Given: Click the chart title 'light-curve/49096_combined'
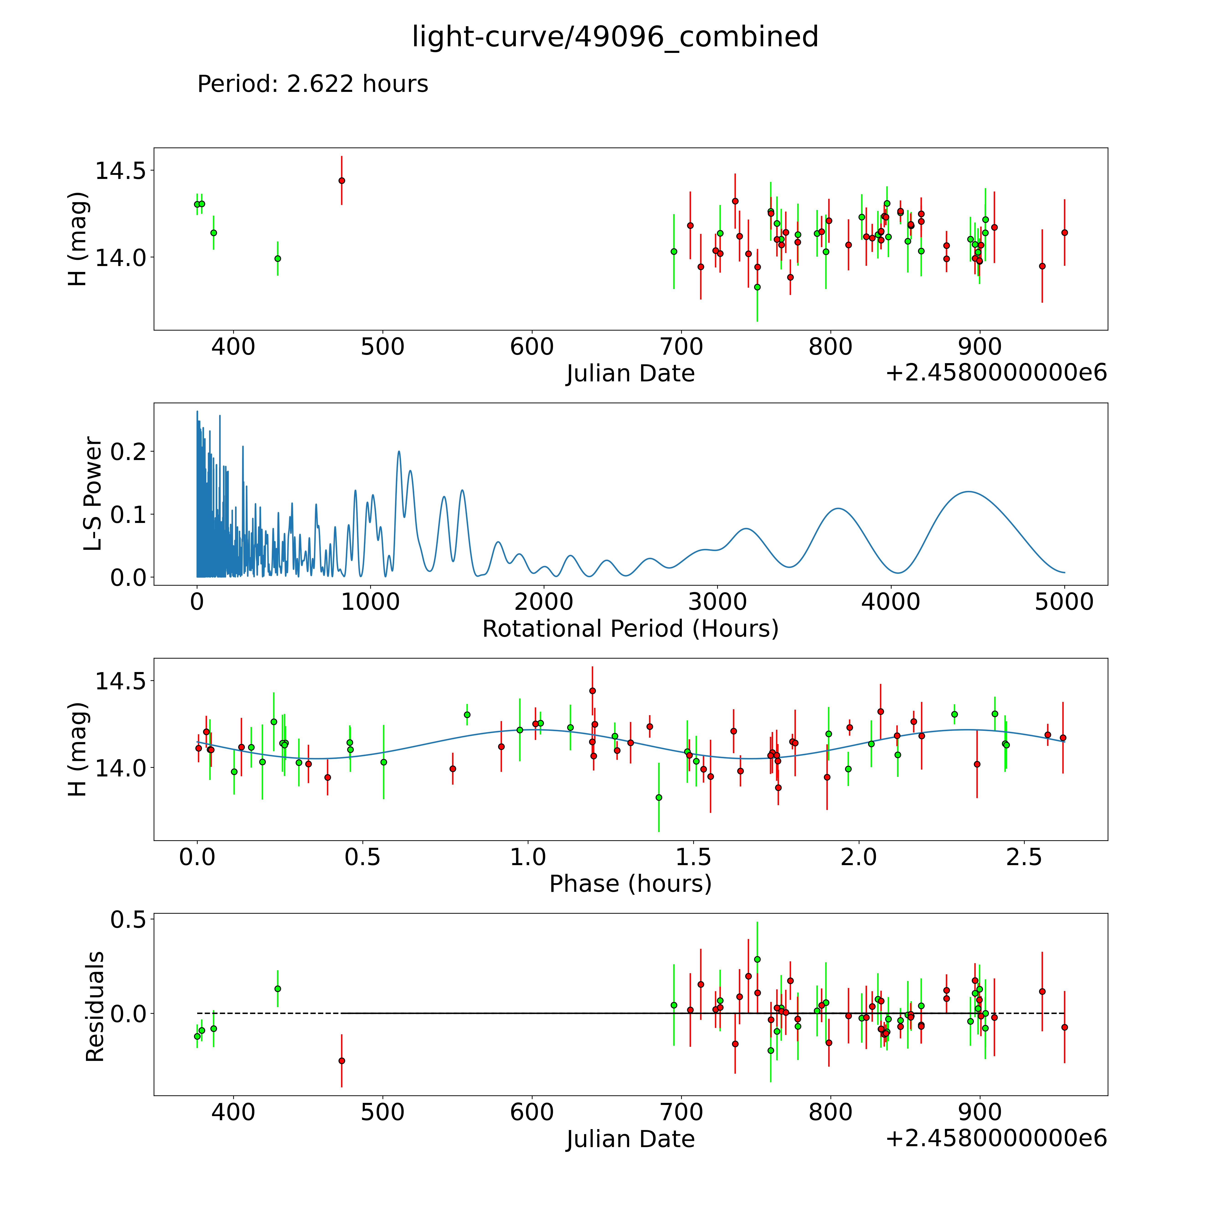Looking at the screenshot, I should tap(615, 37).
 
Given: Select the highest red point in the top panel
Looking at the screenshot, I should tap(341, 180).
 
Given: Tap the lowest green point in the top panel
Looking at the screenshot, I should tap(757, 287).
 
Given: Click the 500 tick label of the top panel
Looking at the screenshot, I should tap(382, 347).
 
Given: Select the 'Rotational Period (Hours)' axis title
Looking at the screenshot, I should tap(630, 629).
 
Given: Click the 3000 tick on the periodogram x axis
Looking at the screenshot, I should tap(717, 602).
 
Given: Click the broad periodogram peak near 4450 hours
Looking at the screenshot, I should tap(968, 492).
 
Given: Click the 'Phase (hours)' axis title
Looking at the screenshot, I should tap(630, 884).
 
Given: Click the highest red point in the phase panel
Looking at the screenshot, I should tap(592, 691).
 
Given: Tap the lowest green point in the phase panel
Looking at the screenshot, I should tap(659, 797).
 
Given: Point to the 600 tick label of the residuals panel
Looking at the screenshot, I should tap(531, 1112).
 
